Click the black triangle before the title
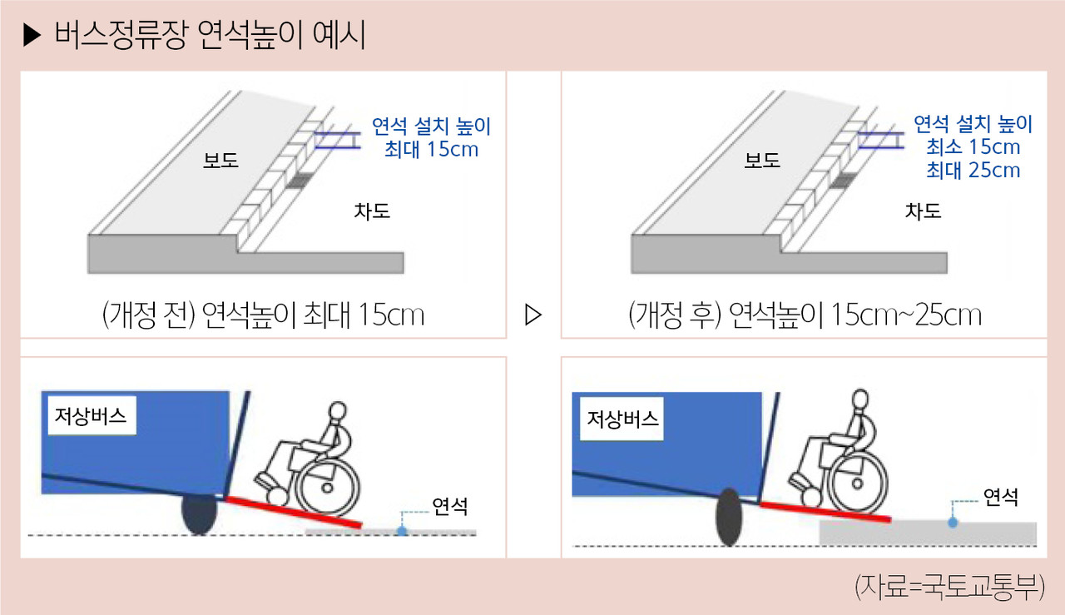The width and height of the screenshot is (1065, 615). tap(32, 35)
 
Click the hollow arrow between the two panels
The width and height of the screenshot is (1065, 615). tap(533, 315)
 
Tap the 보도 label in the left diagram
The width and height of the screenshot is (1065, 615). tap(220, 161)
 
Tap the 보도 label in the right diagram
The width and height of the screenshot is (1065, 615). tap(762, 161)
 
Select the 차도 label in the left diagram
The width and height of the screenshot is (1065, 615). tap(372, 211)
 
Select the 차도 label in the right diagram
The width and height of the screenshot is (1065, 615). tap(923, 211)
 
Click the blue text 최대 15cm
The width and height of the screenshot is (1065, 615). tap(431, 149)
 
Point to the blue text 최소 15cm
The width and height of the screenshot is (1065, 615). tap(973, 147)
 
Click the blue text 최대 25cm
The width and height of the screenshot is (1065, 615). tap(973, 171)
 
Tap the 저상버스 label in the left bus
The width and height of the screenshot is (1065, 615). tap(91, 416)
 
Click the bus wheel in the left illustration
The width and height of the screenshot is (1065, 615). tap(199, 516)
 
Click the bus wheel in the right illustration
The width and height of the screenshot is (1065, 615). tap(729, 517)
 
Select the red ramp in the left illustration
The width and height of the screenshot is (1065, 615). tap(293, 513)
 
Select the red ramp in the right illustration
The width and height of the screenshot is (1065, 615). tap(825, 512)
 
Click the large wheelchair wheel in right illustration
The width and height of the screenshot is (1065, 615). tap(857, 484)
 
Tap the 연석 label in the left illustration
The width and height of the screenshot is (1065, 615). tap(449, 507)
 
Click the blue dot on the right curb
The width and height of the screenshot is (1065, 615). tap(953, 523)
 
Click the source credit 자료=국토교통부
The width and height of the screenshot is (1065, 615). tap(949, 587)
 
